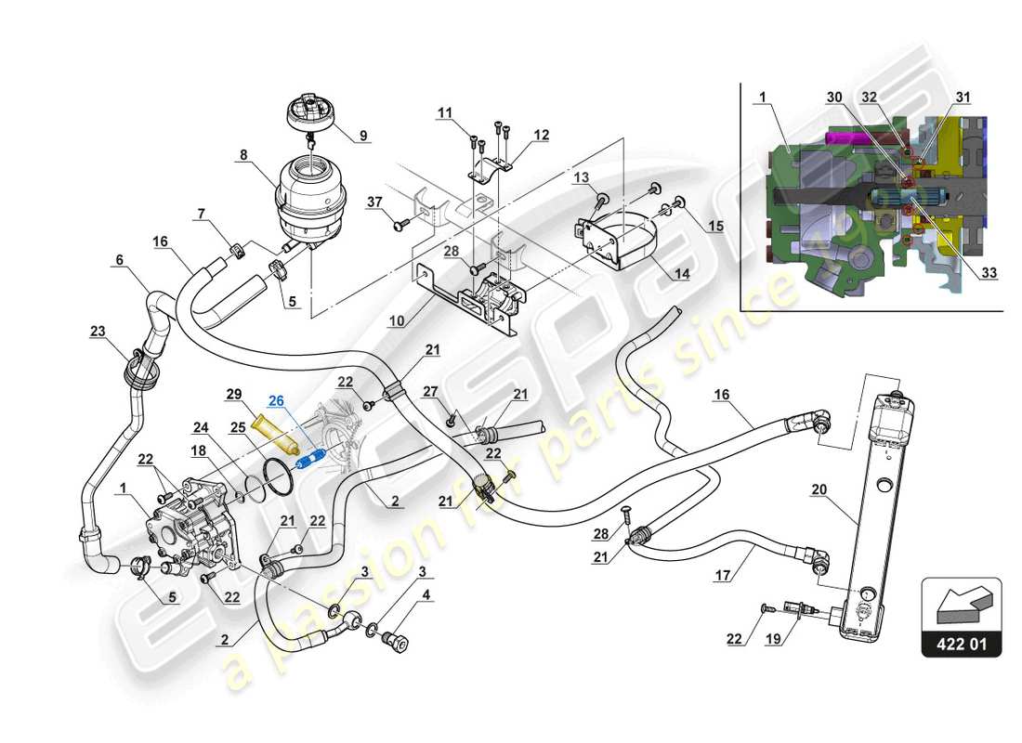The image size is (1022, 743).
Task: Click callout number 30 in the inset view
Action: pos(834,97)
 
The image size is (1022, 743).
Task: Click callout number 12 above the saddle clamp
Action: pos(541,136)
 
